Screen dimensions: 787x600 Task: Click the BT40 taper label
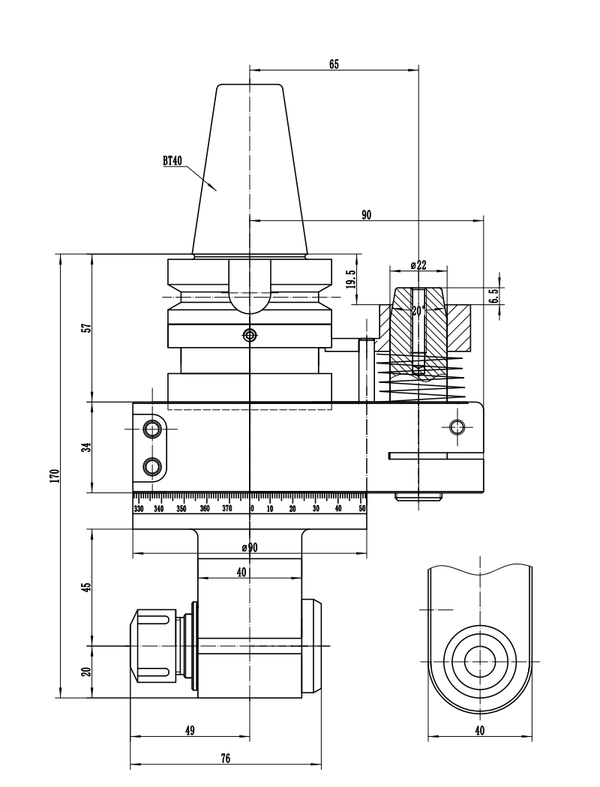pos(172,160)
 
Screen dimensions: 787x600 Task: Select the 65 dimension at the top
pos(334,64)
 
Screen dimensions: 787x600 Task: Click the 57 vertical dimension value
pos(86,328)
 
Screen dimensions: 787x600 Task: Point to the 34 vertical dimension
pos(86,447)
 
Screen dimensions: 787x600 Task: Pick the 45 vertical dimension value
pos(86,587)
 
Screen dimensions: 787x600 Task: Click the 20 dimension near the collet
pos(86,672)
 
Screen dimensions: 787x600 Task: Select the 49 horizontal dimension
pos(189,730)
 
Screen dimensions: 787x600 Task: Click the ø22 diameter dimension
pos(418,265)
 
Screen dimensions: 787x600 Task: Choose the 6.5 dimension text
pos(493,296)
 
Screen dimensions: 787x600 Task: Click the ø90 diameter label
pos(250,548)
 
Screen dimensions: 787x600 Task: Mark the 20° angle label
pos(418,309)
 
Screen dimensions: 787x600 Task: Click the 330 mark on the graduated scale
pos(139,509)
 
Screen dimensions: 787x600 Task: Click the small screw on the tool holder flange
pos(249,334)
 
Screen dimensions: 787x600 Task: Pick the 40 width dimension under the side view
pos(480,730)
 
